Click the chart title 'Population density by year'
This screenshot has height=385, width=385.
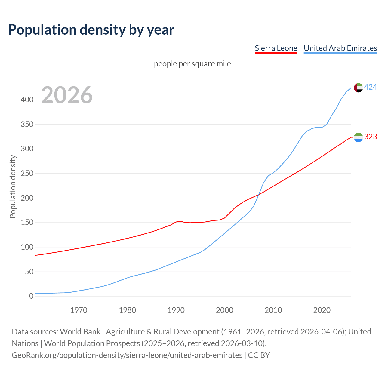91,29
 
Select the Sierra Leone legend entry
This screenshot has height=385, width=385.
276,48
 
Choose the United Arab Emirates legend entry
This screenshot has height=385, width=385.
340,48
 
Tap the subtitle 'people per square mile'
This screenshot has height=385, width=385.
192,64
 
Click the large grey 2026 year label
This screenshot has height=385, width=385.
67,95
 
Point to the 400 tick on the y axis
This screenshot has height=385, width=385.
27,100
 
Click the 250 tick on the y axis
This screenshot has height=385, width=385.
27,174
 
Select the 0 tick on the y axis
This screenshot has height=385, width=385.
31,296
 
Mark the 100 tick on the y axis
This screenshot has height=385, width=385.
27,247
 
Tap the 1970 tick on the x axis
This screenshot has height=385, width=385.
79,310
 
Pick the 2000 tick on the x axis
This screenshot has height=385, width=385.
225,310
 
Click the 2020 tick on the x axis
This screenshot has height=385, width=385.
322,310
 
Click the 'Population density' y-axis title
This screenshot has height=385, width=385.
13,186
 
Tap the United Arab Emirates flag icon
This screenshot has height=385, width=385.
358,88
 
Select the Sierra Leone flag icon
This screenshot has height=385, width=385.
358,137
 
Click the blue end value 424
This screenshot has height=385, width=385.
371,87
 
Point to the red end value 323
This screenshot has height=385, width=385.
371,137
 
